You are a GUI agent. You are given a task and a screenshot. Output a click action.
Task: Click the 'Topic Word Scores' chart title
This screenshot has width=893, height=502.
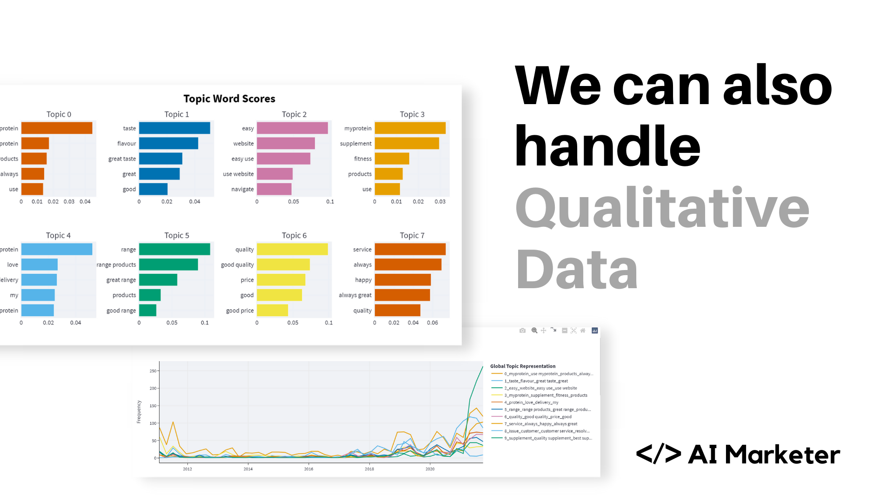(x=229, y=99)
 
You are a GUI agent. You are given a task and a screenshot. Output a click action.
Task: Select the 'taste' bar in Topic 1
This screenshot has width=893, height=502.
(x=174, y=128)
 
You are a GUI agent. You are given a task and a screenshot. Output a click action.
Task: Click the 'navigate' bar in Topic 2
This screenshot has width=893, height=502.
(x=274, y=189)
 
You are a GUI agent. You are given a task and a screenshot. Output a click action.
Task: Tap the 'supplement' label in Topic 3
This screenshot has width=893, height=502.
(x=355, y=144)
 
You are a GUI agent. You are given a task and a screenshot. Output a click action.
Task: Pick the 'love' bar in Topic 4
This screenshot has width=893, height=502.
(x=40, y=264)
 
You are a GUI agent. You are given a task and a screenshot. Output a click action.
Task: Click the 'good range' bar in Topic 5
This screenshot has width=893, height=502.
(x=147, y=310)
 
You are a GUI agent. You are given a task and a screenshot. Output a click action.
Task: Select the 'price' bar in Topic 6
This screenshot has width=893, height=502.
(x=281, y=280)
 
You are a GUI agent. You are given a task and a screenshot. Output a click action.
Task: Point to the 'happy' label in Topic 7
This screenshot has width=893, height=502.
(x=363, y=280)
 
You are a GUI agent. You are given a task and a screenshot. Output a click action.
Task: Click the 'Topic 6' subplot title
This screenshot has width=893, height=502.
(x=294, y=235)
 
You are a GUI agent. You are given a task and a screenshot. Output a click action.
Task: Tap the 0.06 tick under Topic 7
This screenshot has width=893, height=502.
(x=432, y=323)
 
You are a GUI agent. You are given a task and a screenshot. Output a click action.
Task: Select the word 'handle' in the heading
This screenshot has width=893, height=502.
(x=607, y=146)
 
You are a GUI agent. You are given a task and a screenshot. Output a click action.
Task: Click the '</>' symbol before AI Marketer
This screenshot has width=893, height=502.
(x=658, y=454)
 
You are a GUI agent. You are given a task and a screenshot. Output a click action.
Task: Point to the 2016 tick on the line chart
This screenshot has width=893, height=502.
(x=308, y=469)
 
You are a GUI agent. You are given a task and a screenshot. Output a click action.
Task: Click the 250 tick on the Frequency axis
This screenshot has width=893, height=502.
(x=153, y=371)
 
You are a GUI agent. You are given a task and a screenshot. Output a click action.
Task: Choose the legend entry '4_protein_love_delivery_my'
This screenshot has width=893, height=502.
(x=531, y=403)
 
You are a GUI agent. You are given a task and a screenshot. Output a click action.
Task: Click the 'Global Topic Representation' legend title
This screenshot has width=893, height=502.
(x=522, y=366)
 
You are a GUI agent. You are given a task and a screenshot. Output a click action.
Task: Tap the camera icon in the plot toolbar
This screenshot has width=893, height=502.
(x=522, y=330)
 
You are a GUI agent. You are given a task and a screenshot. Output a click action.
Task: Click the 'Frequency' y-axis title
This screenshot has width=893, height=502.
(x=139, y=412)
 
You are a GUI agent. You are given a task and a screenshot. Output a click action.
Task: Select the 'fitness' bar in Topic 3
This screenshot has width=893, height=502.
(x=392, y=159)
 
